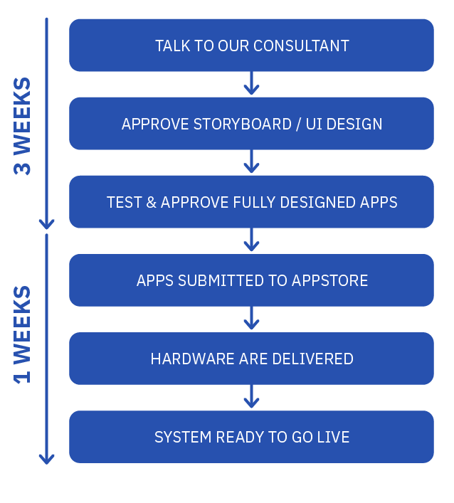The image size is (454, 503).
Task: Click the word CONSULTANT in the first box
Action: coord(301,46)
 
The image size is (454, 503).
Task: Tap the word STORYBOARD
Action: coord(242,124)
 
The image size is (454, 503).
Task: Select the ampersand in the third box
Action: coord(151,203)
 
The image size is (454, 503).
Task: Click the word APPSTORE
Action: coord(329,281)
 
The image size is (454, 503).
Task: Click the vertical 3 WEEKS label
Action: coord(22,126)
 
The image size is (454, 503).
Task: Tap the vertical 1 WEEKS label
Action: coord(22,334)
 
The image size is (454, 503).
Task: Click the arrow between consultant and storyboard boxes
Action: coord(251,83)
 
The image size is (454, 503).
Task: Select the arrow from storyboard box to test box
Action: coord(251,162)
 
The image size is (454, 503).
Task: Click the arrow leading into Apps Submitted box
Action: coord(251,240)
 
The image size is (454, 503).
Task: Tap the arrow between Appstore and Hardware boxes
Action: coord(251,318)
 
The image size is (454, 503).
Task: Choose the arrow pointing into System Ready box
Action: coord(251,396)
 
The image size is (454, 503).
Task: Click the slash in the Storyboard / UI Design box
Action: coord(299,124)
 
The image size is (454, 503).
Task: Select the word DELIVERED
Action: coord(312,359)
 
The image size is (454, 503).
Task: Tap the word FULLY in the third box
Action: coord(254,203)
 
